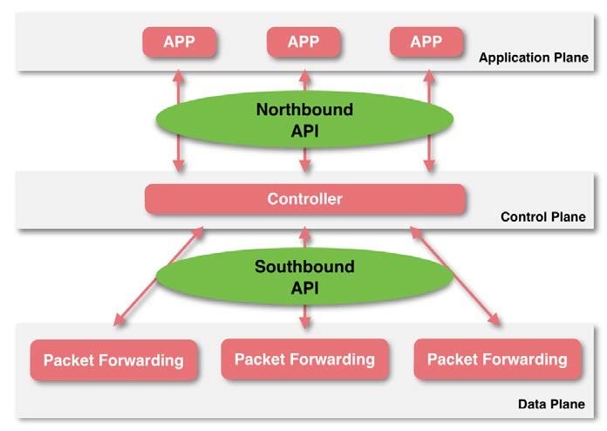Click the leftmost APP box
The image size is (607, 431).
coord(180,41)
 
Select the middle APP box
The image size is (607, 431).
coord(303,41)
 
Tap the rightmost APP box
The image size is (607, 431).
coord(426,41)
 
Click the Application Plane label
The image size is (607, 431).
coord(532,59)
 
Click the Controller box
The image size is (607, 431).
coord(304,200)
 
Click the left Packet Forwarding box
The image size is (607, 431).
coord(113,359)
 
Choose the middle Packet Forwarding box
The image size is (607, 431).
coord(304,359)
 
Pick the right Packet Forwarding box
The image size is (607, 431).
coord(497,359)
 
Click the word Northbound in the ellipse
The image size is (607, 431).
coord(304,110)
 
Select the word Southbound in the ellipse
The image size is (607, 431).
coord(304,265)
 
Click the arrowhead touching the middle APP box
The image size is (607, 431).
coord(304,65)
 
